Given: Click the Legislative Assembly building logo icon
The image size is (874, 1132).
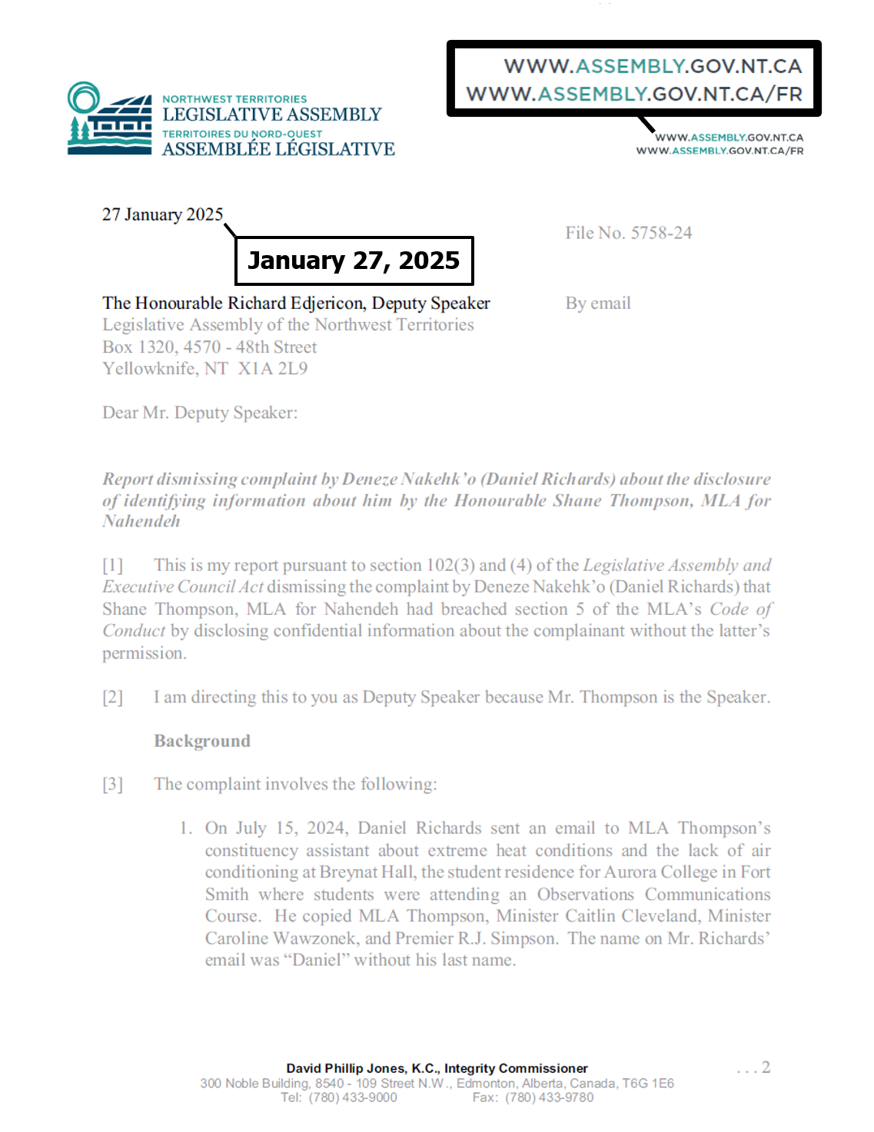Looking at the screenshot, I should point(109,120).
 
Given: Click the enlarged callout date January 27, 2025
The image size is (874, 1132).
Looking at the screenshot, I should point(354,261).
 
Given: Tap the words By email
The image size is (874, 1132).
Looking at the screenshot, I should point(598,304).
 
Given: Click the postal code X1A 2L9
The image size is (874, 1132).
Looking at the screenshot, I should point(273,369).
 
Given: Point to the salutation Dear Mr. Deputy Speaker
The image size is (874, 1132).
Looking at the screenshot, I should point(200,413).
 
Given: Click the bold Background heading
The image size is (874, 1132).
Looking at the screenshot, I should point(202,741).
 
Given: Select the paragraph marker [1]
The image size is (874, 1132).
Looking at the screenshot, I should point(112,566).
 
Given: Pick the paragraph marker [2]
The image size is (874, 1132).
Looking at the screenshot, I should point(112,697).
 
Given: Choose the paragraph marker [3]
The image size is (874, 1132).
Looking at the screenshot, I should point(112,785).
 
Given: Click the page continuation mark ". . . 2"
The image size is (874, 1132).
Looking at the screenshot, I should point(753,1067).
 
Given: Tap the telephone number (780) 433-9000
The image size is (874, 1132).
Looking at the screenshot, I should point(353,1097).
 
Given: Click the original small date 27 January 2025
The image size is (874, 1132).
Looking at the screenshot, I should point(162,214).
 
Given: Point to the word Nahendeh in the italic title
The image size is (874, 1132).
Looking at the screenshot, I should point(141,521).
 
